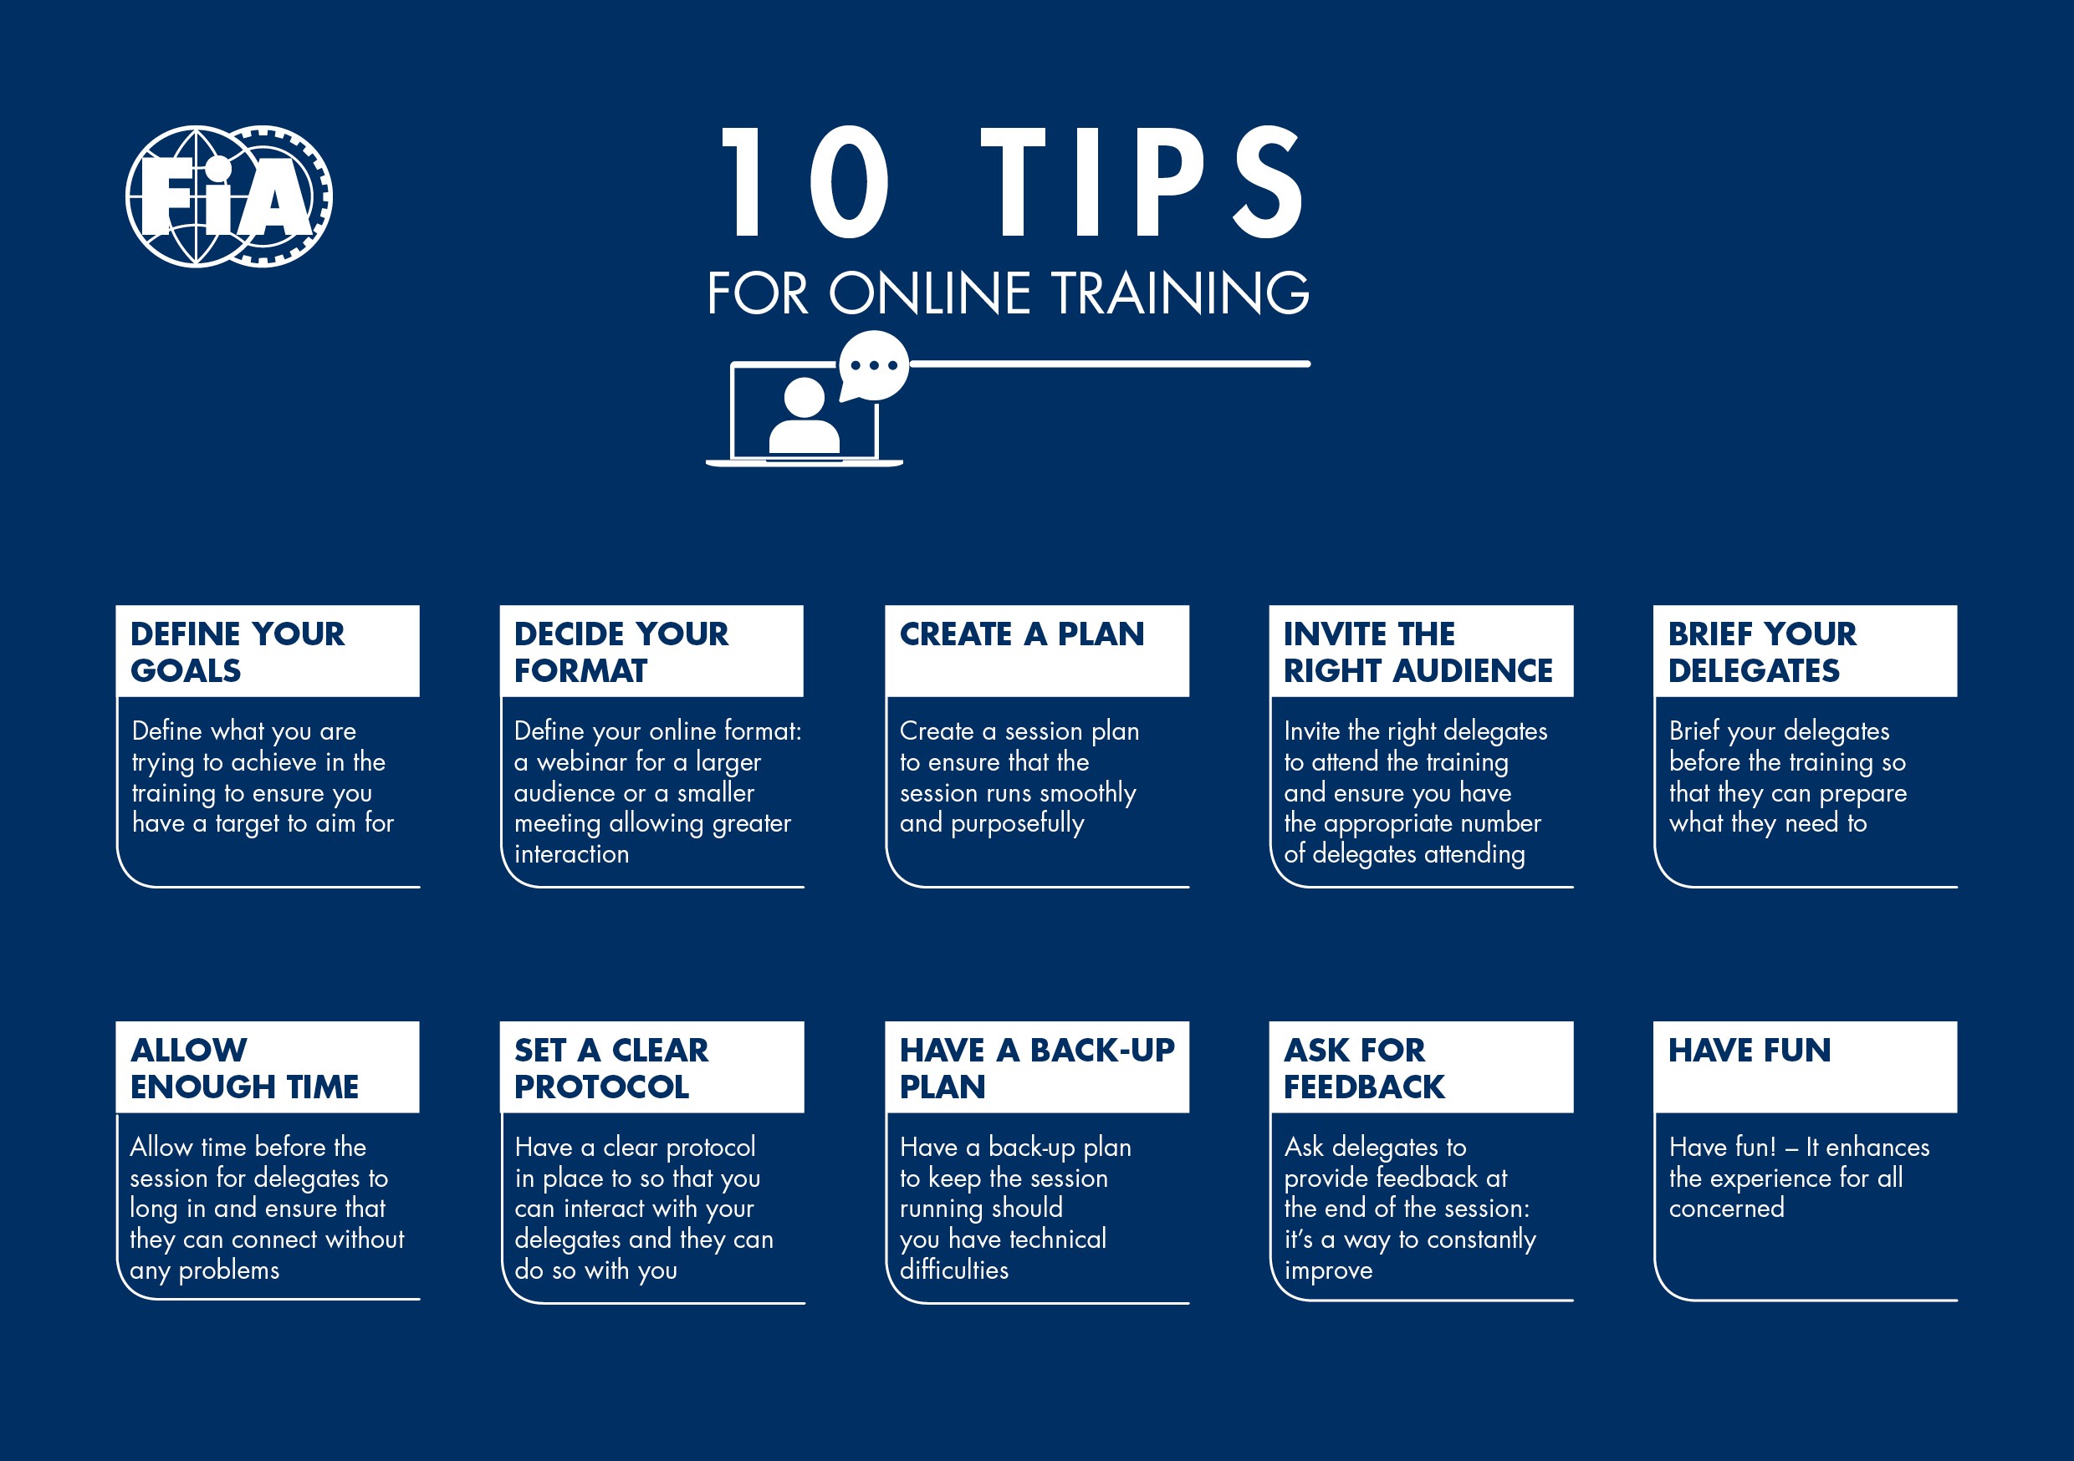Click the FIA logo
(x=228, y=196)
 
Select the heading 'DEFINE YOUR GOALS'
(x=237, y=652)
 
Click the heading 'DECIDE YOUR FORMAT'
(x=621, y=652)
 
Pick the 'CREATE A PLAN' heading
(x=1022, y=634)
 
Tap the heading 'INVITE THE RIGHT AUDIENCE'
(x=1418, y=652)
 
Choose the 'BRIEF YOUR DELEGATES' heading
(x=1761, y=652)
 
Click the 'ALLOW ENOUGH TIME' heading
(x=244, y=1068)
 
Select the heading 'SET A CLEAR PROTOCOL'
(x=611, y=1068)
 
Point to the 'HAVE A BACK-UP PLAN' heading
(x=1036, y=1068)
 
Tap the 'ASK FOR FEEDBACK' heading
(x=1363, y=1068)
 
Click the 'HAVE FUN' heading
(x=1749, y=1050)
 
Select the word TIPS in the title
(x=1142, y=182)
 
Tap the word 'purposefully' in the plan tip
(x=1017, y=823)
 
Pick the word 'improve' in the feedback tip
(x=1328, y=1270)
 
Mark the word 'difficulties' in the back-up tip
(x=954, y=1270)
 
